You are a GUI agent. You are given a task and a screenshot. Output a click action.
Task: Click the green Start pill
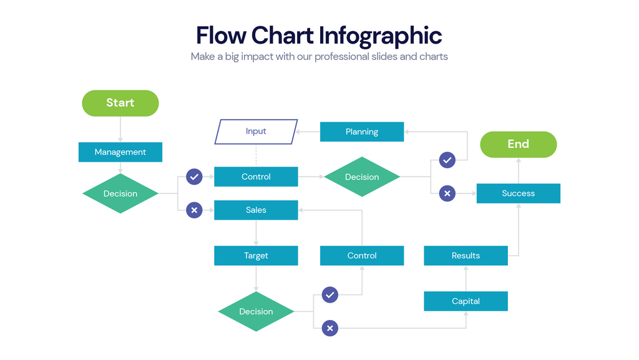(x=120, y=103)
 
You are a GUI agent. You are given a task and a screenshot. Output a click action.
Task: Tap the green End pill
(x=518, y=144)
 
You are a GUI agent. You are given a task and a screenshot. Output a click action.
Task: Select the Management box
(x=120, y=152)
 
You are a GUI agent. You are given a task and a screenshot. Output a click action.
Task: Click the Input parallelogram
(x=256, y=132)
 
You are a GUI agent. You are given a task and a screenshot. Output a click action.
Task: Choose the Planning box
(x=362, y=132)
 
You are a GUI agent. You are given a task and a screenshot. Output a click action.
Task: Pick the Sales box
(x=256, y=210)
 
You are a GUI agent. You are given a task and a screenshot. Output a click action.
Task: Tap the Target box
(x=256, y=256)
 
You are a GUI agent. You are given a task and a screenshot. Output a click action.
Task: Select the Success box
(x=518, y=193)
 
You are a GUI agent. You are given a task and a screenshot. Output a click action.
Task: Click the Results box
(x=466, y=256)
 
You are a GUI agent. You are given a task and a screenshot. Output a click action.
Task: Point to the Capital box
(x=466, y=301)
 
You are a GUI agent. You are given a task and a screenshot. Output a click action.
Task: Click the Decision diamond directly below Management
(x=120, y=193)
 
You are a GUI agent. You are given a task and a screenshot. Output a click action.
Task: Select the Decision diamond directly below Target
(x=256, y=311)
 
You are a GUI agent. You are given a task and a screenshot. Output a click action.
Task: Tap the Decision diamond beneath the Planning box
(x=362, y=177)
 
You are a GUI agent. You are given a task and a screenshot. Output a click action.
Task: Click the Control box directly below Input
(x=256, y=177)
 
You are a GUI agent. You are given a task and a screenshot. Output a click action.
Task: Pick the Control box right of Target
(x=362, y=256)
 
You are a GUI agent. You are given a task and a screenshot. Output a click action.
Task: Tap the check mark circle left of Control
(x=195, y=177)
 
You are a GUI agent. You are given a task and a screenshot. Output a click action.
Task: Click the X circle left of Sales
(x=195, y=210)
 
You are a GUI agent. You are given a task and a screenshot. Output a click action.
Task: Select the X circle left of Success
(x=447, y=193)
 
